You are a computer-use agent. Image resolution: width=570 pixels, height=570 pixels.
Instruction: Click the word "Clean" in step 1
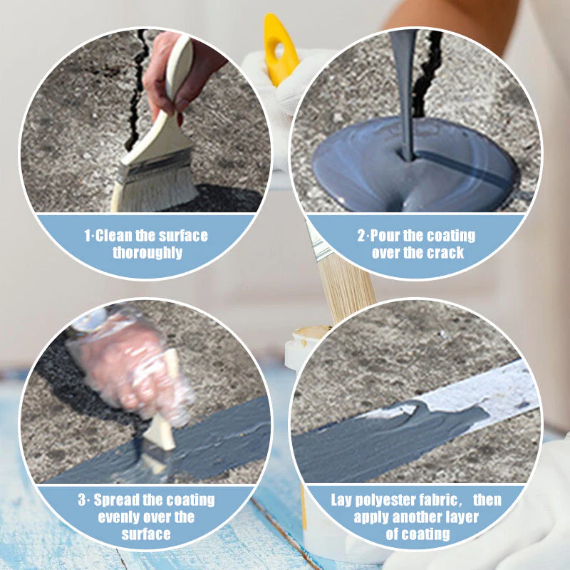pos(115,235)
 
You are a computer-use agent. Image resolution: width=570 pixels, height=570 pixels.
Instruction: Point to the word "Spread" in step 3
pos(117,500)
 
